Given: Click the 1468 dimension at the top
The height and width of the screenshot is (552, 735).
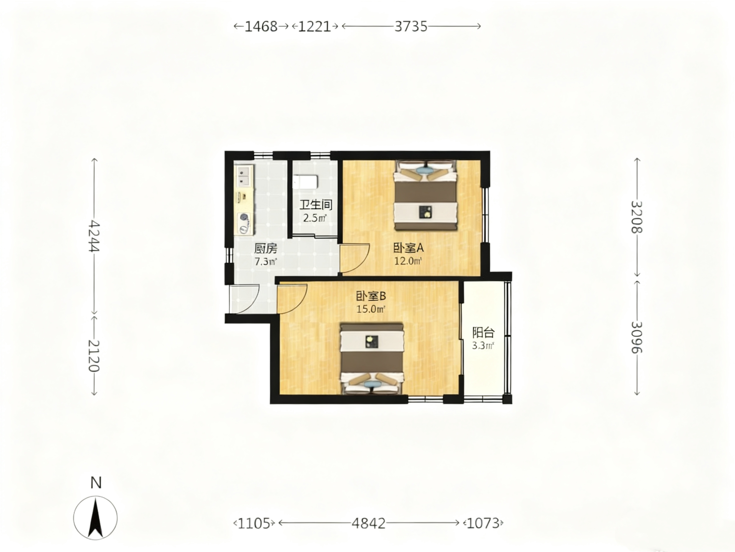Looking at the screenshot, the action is tap(261, 26).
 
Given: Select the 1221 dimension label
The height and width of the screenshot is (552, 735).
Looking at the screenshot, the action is tap(315, 26).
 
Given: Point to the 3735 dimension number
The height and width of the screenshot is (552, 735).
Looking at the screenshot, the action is tap(411, 26).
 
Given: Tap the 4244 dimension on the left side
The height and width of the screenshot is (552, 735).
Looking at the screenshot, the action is tap(95, 236).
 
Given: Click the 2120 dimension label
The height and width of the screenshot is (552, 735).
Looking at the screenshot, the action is tap(95, 356).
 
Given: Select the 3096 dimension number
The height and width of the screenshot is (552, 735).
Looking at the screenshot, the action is tap(637, 337).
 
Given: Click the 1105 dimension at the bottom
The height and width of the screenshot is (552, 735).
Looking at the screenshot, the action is tap(254, 523).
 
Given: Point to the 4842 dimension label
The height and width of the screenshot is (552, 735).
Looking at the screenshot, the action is tap(369, 523).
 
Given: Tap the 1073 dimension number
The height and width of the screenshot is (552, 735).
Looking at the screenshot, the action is tap(483, 523).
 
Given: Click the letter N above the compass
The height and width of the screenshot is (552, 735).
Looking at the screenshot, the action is tap(96, 483).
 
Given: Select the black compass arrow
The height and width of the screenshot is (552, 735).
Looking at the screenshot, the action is tap(96, 518).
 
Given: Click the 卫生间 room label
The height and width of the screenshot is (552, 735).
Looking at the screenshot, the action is tap(316, 205).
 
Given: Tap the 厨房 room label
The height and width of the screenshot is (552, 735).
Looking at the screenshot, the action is tap(266, 248).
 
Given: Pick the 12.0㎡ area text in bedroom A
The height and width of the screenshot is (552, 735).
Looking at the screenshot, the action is tap(408, 261).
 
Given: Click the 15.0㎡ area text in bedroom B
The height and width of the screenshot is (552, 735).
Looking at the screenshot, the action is tap(371, 309).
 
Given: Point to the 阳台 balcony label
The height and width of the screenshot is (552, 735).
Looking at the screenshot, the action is tap(483, 333).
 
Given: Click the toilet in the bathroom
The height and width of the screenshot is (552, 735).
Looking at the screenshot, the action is tap(305, 182).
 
